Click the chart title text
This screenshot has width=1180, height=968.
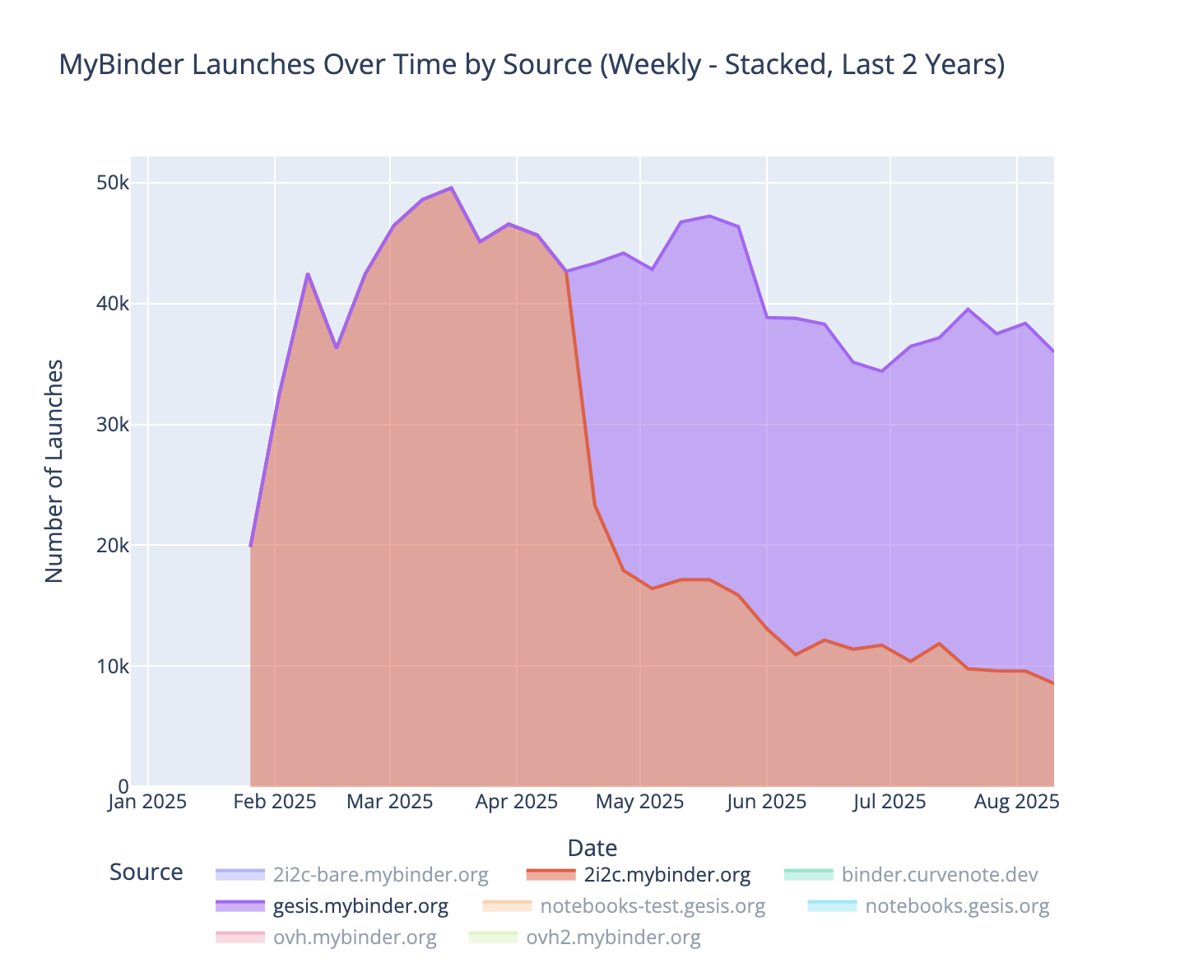(532, 64)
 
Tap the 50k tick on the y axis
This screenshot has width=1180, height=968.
(114, 183)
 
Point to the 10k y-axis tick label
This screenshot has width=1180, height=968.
(114, 666)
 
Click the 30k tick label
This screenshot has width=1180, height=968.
(114, 425)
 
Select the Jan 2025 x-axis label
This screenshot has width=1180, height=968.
(147, 802)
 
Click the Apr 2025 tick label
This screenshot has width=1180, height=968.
(516, 802)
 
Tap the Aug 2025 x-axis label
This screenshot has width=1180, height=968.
(1017, 802)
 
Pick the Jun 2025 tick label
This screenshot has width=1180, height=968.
(766, 802)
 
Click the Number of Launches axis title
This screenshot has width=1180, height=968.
(54, 471)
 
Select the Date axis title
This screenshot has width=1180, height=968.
(592, 848)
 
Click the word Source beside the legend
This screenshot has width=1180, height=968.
(146, 873)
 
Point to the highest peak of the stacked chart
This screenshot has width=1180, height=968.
(451, 188)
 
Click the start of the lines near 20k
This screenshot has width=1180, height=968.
(250, 546)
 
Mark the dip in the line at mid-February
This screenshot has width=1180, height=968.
(337, 347)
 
